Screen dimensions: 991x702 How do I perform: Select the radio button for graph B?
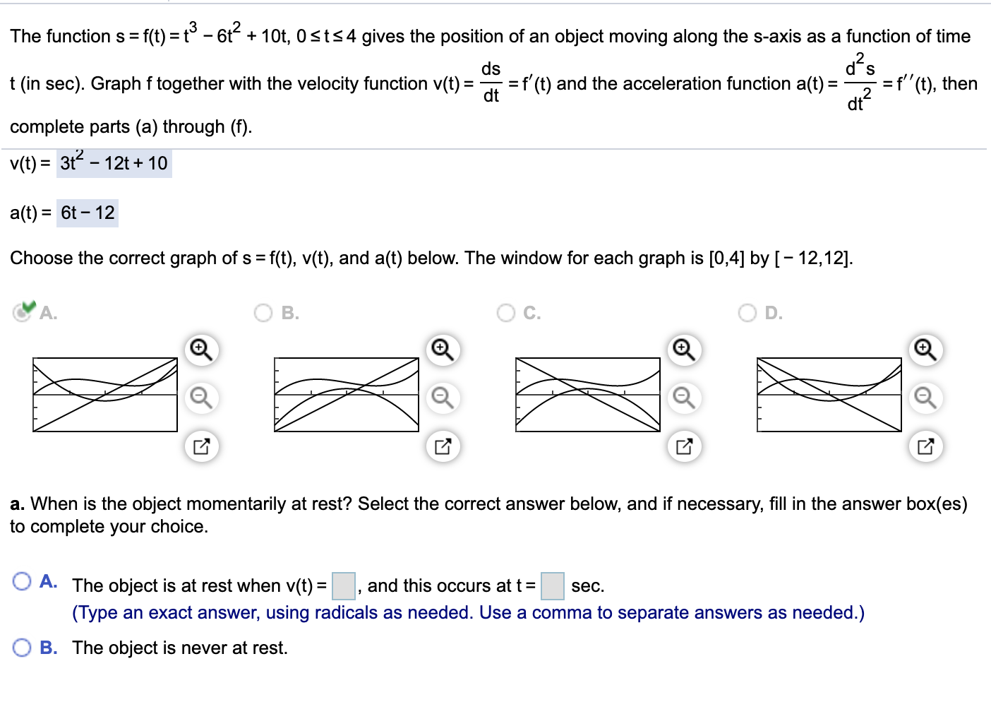[x=263, y=313]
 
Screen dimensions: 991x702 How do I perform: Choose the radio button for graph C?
[x=506, y=313]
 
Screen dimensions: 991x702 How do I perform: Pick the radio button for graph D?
[x=747, y=313]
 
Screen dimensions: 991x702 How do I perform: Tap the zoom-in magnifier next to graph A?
[x=201, y=350]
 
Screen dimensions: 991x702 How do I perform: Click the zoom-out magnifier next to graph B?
[x=443, y=398]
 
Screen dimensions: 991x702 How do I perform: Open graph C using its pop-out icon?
[x=684, y=446]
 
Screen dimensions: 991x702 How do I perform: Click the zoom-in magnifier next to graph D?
[x=925, y=350]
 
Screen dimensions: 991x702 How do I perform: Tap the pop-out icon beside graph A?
[x=201, y=446]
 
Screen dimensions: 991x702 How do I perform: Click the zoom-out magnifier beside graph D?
[x=925, y=398]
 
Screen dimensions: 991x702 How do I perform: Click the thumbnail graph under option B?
[x=346, y=395]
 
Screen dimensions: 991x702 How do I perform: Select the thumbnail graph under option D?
[x=829, y=395]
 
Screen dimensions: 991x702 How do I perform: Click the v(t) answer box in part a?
[x=344, y=586]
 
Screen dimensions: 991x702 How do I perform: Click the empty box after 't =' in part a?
[x=553, y=586]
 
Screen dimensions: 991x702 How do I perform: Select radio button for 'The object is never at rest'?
[x=22, y=648]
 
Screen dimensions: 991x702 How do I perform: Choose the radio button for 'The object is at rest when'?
[x=22, y=582]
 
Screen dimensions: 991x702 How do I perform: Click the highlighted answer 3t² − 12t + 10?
[x=114, y=163]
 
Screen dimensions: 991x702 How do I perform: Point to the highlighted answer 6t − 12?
[x=88, y=213]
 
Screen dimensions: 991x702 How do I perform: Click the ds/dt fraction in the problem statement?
[x=491, y=83]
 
